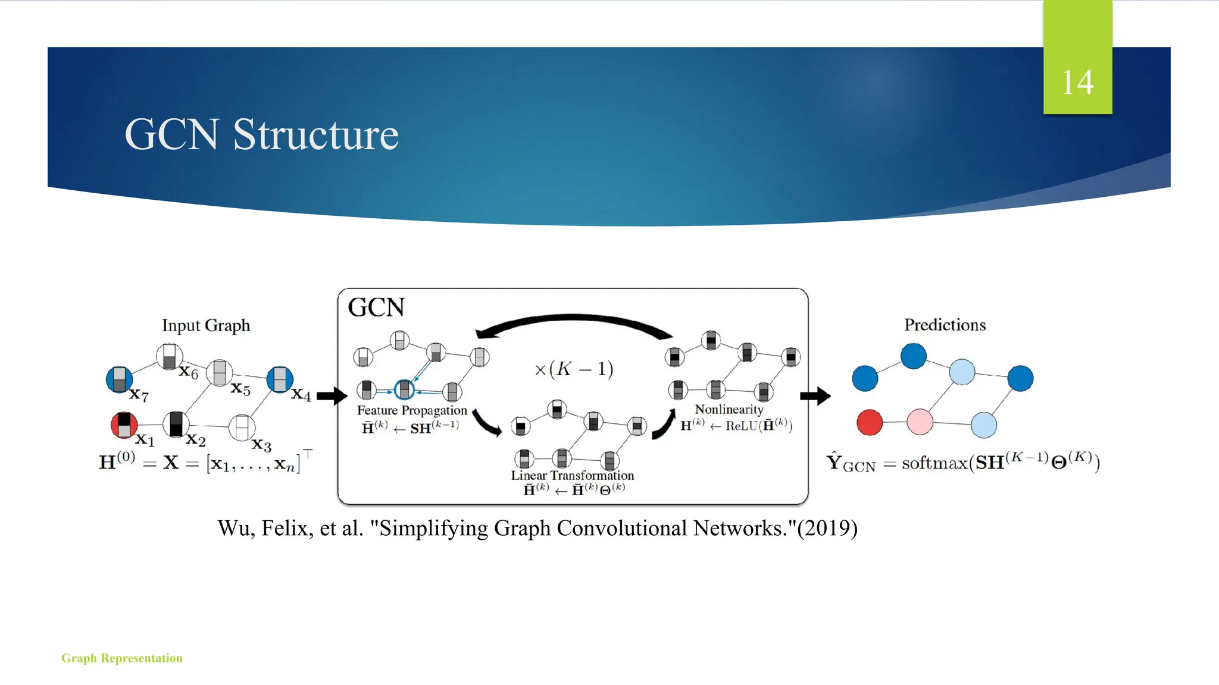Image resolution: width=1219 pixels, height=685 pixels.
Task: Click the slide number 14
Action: coord(1077,82)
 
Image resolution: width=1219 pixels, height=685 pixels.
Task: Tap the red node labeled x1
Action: coord(124,425)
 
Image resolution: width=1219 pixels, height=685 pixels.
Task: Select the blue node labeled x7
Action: coord(119,379)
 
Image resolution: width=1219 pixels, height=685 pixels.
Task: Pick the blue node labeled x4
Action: coord(280,379)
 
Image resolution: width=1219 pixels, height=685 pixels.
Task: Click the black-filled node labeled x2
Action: coord(176,424)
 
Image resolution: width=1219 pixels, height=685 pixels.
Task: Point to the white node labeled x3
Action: coord(242,427)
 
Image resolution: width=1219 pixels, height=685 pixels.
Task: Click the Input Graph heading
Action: coord(206,325)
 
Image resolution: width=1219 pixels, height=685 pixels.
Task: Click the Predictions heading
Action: coord(945,325)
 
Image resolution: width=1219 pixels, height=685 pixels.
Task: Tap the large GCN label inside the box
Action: coord(376,307)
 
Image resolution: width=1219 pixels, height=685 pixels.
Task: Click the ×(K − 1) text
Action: coord(574,369)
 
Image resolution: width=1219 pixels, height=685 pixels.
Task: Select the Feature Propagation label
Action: coord(412,410)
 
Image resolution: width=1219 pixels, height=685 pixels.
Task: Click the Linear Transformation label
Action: coord(573,475)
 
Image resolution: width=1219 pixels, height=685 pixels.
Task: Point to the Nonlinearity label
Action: coord(729,409)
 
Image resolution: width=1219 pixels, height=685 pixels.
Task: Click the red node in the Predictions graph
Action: coord(869,422)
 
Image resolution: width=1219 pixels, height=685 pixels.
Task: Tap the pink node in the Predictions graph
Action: coord(920,422)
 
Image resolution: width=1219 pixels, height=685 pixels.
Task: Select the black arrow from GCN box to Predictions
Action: coord(815,395)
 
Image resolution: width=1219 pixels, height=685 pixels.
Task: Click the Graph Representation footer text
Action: coord(122,658)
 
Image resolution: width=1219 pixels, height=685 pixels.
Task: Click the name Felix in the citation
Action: coord(287,528)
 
